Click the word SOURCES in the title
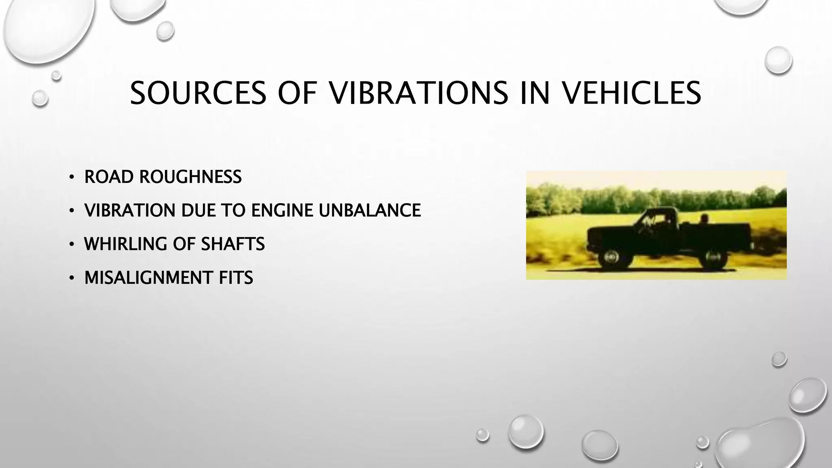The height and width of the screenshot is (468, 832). click(x=198, y=93)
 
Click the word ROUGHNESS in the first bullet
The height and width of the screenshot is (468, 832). click(x=191, y=177)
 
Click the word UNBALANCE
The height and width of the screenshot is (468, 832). click(x=369, y=210)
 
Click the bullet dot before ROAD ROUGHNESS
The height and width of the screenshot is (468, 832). click(x=71, y=177)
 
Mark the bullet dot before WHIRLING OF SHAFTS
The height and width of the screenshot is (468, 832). click(x=71, y=245)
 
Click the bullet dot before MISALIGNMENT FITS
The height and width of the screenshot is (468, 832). click(x=71, y=278)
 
